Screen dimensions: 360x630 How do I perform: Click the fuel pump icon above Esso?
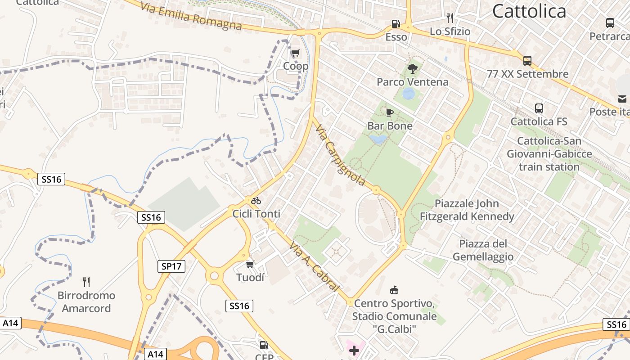click(396, 23)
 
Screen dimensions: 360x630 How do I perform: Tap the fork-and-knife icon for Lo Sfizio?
click(450, 18)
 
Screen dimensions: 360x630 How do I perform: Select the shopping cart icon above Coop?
click(295, 53)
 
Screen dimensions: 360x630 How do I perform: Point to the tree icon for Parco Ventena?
click(412, 69)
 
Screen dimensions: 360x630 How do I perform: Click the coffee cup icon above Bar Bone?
click(390, 112)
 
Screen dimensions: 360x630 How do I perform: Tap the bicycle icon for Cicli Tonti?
click(256, 201)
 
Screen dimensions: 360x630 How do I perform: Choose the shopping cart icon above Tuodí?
click(250, 264)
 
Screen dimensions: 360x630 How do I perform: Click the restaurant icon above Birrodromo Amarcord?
click(86, 282)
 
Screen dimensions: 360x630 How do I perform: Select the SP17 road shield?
click(172, 266)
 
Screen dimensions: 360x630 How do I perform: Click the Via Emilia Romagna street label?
click(191, 16)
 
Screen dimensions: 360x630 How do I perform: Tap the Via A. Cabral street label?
click(314, 265)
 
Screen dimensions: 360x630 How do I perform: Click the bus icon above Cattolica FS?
click(539, 108)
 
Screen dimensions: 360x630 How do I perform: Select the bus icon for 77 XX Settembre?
click(527, 61)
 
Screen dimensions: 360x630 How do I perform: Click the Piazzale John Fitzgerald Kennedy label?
click(467, 210)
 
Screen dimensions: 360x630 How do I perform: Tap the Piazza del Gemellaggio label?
click(483, 250)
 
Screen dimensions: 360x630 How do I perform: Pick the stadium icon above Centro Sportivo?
click(394, 290)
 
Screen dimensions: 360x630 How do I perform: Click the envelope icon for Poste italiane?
click(622, 99)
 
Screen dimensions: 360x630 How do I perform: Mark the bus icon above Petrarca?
click(610, 23)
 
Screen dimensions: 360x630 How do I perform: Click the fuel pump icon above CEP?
click(264, 345)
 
